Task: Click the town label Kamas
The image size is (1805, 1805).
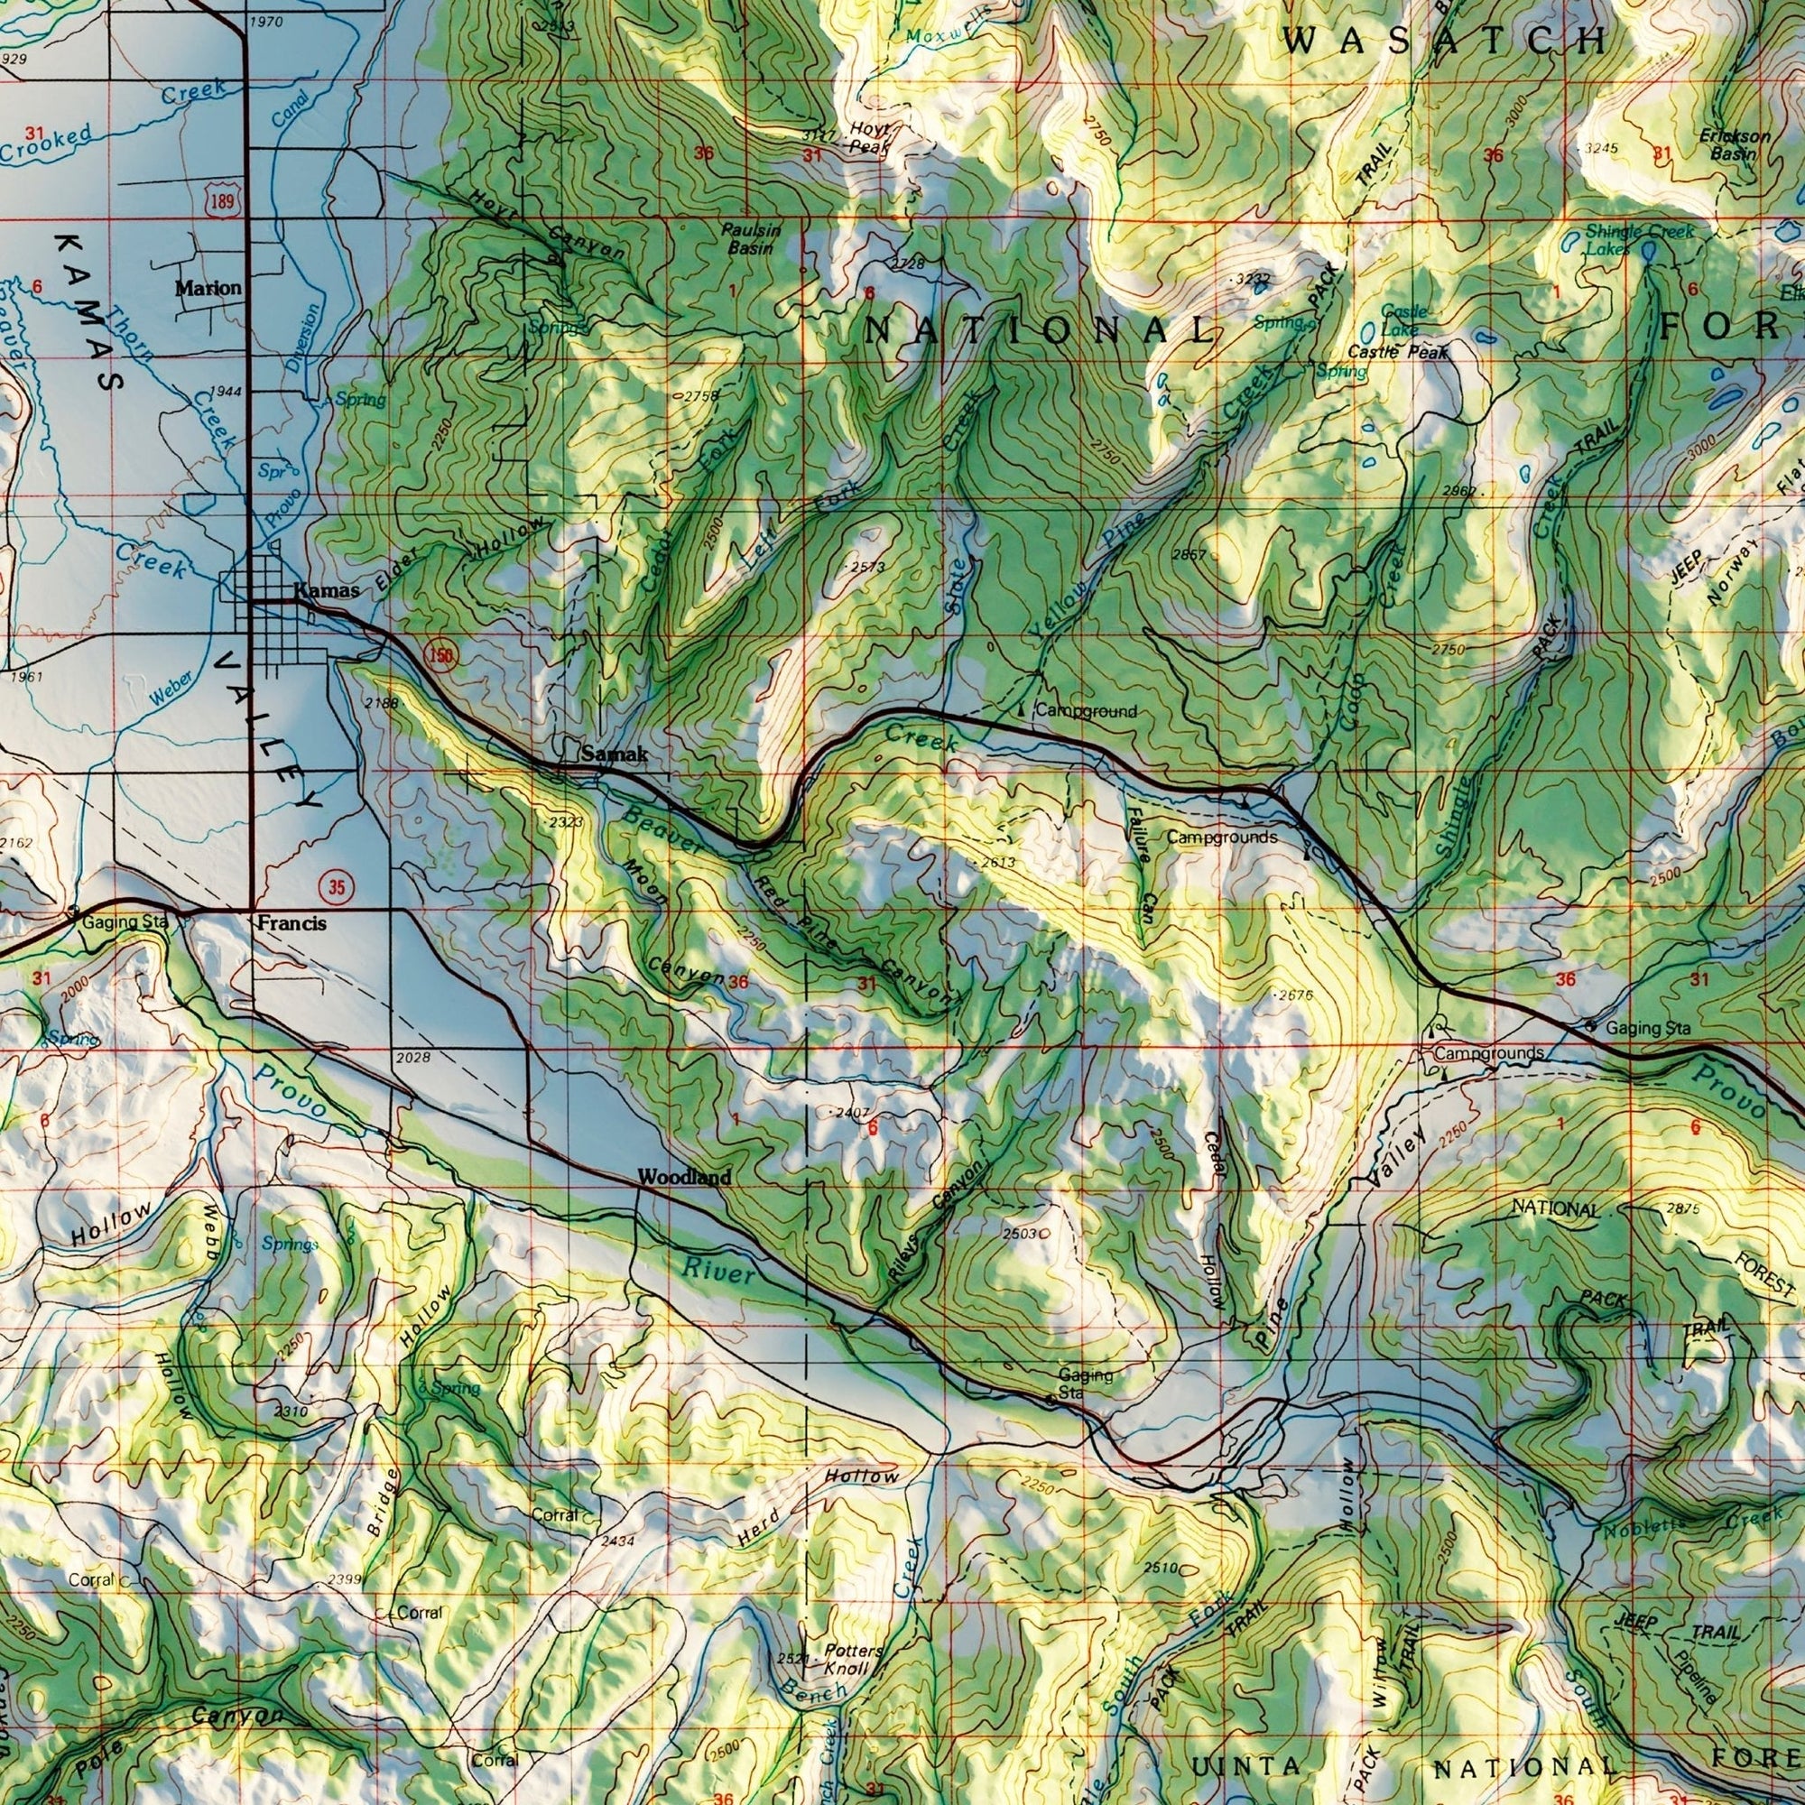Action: [x=326, y=590]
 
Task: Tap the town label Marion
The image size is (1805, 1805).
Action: [x=209, y=288]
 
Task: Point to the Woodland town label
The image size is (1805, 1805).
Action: [x=684, y=1178]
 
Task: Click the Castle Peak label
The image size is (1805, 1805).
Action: [x=1398, y=352]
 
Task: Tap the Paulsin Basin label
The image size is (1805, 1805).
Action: [x=751, y=239]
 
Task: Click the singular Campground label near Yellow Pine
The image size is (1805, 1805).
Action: [x=1086, y=712]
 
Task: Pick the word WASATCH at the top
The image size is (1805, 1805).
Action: [x=1444, y=42]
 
